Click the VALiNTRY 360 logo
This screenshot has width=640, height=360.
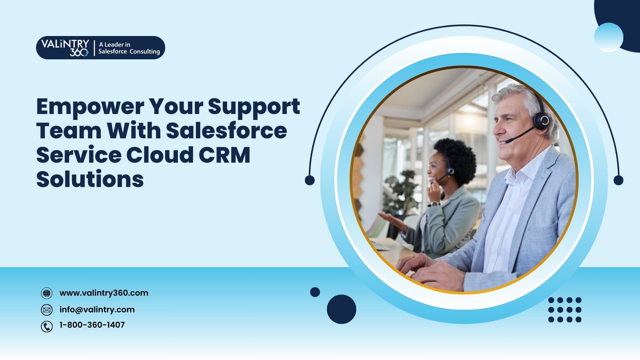[65, 48]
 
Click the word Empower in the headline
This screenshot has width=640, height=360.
[90, 107]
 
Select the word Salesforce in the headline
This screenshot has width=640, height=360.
[226, 131]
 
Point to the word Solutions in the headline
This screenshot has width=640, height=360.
[90, 179]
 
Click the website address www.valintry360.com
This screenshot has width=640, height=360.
[104, 293]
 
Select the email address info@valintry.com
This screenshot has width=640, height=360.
[97, 310]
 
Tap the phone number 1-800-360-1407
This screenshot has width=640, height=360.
[92, 325]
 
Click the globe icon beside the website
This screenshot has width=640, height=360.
[47, 293]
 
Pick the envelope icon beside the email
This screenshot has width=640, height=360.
[47, 310]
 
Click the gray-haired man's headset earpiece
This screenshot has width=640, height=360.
[542, 121]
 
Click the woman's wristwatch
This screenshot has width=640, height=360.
[434, 204]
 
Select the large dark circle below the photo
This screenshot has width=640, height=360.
[341, 309]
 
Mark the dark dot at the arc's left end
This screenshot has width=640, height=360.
[310, 180]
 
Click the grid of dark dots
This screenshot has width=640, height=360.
[565, 310]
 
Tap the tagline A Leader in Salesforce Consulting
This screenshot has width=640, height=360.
[129, 48]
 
